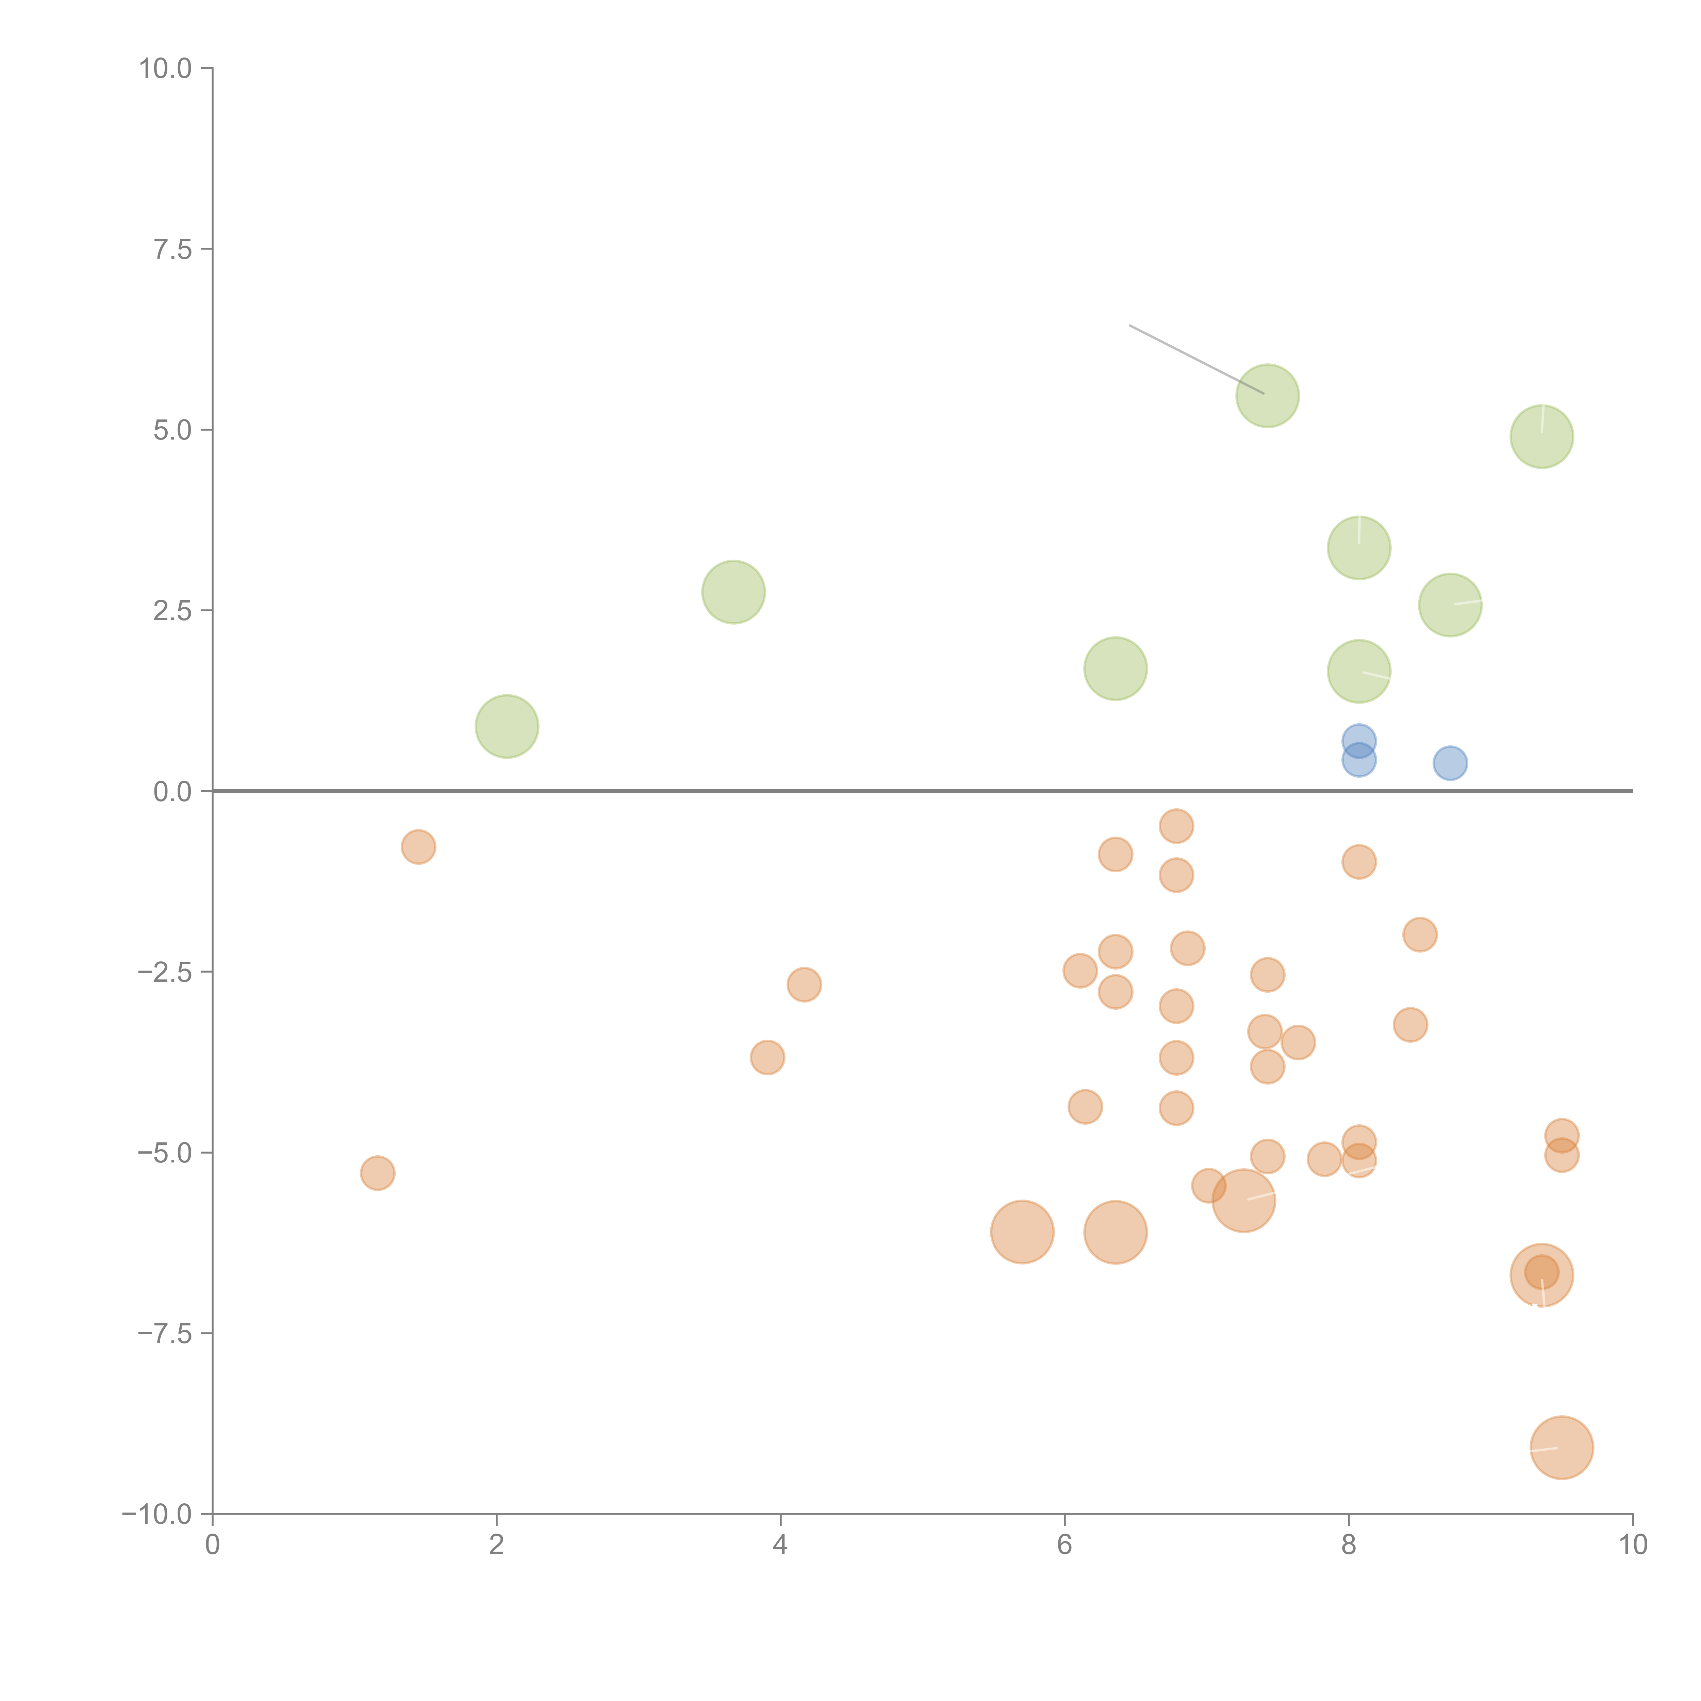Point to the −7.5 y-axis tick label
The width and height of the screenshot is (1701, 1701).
165,1333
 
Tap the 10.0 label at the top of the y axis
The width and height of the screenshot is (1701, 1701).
166,69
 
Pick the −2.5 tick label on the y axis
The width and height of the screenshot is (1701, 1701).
165,972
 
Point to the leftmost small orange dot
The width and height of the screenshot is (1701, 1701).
378,1173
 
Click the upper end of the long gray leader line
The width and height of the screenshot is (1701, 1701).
1129,325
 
